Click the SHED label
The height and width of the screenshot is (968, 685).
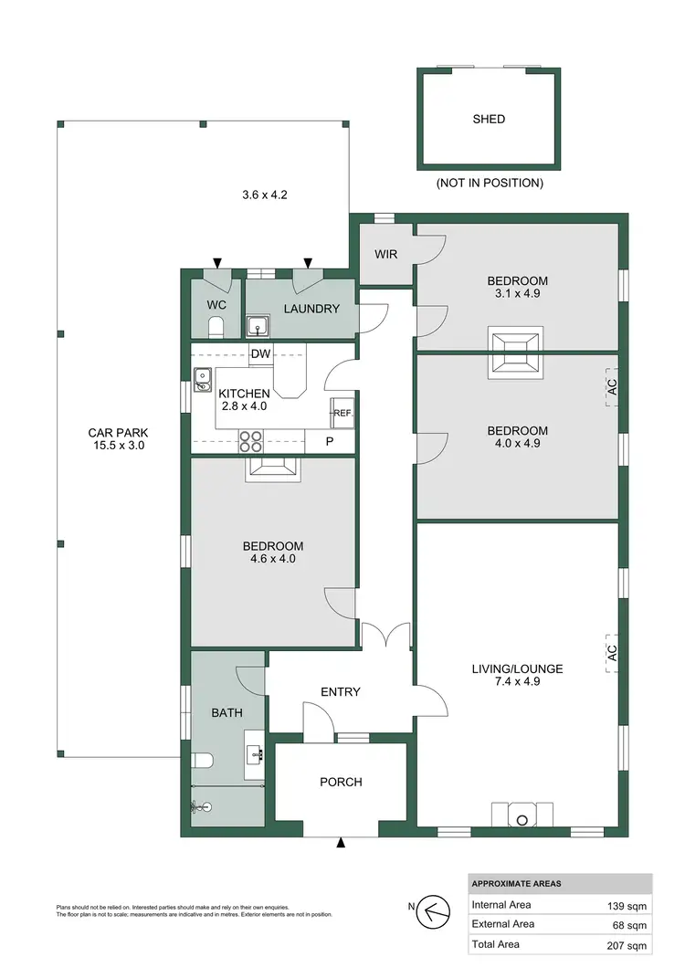(x=489, y=119)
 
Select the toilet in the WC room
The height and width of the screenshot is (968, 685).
(x=216, y=326)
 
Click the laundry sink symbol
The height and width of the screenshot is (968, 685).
(x=258, y=325)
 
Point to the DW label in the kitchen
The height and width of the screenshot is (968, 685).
(x=260, y=354)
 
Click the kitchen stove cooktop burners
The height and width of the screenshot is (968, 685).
(x=251, y=442)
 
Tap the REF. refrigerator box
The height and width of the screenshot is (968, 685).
(x=342, y=413)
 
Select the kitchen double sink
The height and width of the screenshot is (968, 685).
(x=202, y=379)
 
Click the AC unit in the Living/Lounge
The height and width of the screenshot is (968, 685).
(x=612, y=653)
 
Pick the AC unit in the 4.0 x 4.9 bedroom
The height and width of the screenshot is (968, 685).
(x=612, y=389)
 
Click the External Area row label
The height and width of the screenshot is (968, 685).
(x=503, y=924)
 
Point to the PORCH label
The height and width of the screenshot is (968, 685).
(x=341, y=782)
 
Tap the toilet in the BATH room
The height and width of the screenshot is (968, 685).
(x=203, y=760)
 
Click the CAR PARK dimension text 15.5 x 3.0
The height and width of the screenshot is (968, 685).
(x=117, y=447)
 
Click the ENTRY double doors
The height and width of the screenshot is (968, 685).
(x=385, y=635)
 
